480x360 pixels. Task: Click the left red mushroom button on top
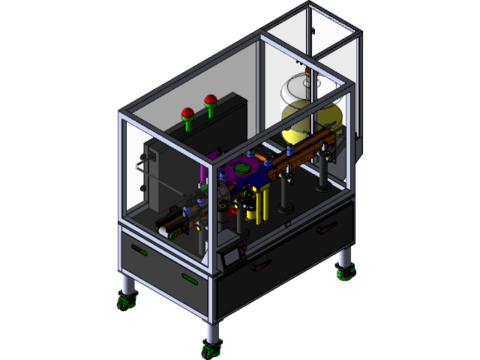click(187, 113)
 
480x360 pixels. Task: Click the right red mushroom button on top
click(211, 99)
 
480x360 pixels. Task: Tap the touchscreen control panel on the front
click(232, 256)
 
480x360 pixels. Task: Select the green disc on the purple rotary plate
click(241, 169)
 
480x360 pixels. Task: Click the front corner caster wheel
click(211, 348)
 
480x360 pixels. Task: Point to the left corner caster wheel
click(124, 302)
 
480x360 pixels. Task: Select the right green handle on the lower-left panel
click(190, 279)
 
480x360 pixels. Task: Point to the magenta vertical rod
click(201, 174)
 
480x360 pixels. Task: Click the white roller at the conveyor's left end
click(163, 229)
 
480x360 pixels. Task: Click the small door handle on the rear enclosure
click(311, 31)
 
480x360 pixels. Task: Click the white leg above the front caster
click(211, 330)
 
